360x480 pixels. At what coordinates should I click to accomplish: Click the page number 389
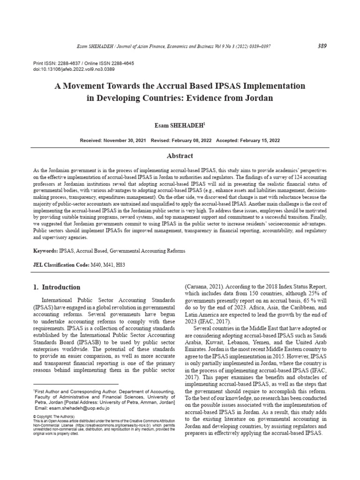322,46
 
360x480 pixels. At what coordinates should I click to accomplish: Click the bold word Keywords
45,251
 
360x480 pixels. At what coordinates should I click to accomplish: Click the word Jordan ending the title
257,99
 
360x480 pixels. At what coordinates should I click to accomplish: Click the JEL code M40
96,265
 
